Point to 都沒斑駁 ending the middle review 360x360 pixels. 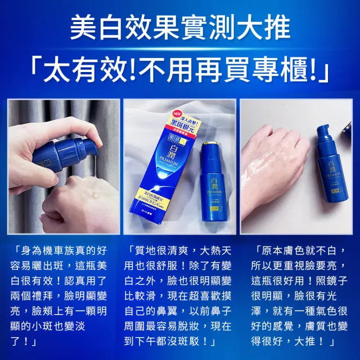[x=186, y=341]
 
